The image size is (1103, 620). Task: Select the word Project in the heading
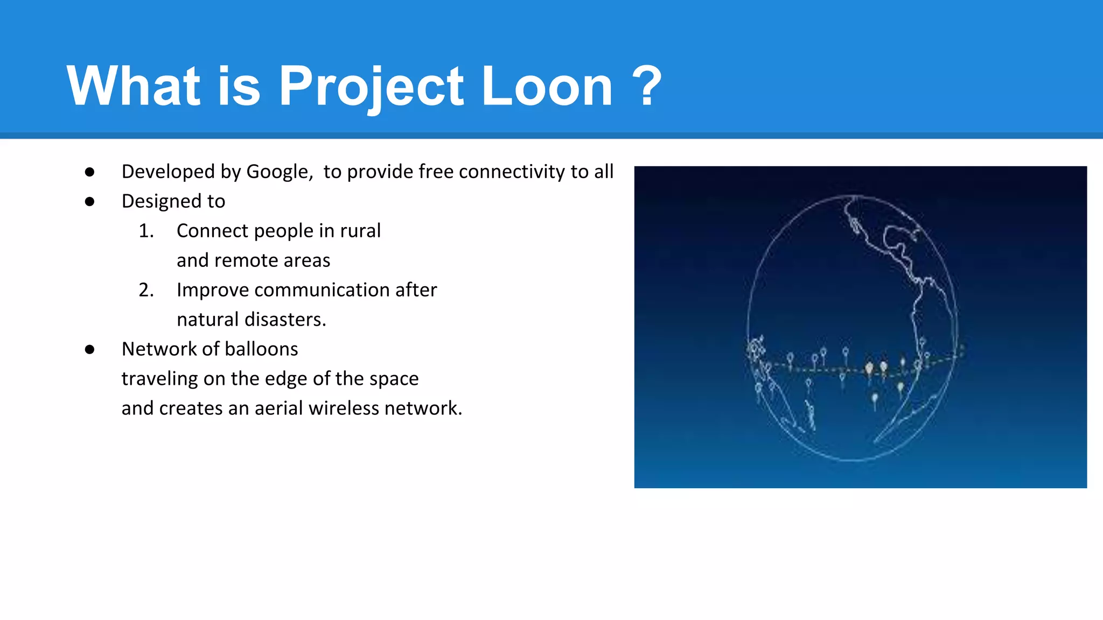(x=371, y=86)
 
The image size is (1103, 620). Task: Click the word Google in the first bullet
(x=279, y=172)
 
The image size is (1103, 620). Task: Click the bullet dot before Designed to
(x=90, y=201)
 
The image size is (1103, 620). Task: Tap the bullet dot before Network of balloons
(x=90, y=349)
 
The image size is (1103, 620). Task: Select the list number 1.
(x=146, y=231)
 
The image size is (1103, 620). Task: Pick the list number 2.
(x=146, y=290)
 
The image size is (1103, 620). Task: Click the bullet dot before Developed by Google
(x=90, y=172)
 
